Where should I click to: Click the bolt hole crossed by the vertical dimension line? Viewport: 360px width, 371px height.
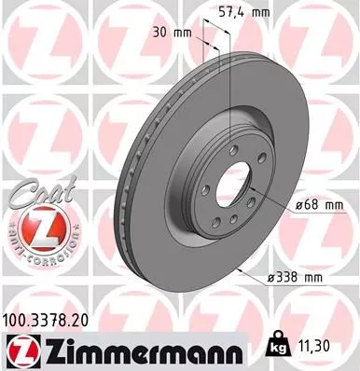[x=227, y=143]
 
